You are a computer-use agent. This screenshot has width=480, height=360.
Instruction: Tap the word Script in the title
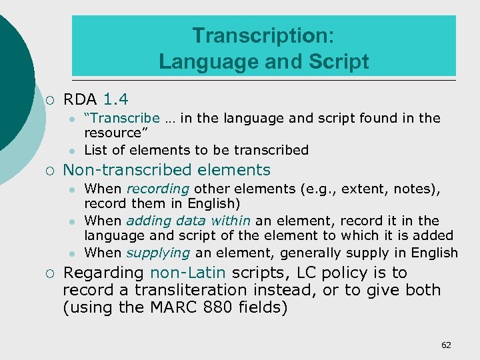pos(338,61)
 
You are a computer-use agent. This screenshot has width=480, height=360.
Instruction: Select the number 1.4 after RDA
pos(117,100)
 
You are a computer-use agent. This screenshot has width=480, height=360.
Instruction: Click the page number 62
pos(446,345)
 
